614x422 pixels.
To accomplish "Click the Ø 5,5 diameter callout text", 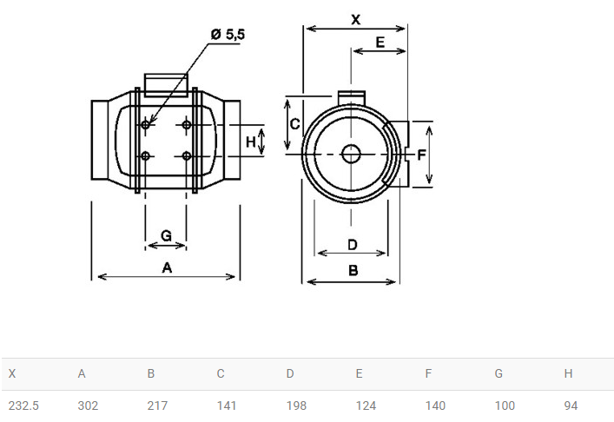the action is [x=228, y=35].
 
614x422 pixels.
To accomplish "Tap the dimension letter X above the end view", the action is [x=355, y=19].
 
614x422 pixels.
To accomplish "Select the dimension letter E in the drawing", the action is [x=380, y=43].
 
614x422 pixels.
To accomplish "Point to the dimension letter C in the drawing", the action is [x=295, y=124].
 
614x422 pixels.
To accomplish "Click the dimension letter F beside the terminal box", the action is [x=421, y=155].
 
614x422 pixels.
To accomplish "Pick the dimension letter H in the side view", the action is [x=251, y=142].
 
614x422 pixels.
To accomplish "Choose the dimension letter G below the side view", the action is [x=166, y=235].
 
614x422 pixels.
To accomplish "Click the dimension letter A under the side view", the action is [x=167, y=267].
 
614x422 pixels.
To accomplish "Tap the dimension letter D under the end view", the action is [x=353, y=245].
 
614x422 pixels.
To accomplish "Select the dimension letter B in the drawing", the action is [x=353, y=270].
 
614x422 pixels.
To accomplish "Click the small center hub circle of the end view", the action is [x=351, y=154].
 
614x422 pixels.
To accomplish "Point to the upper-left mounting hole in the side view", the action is [x=145, y=125].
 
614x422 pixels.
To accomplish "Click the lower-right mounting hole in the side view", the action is [x=187, y=156].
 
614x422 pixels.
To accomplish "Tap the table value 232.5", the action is [x=23, y=406].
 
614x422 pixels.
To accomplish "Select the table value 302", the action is [x=88, y=406].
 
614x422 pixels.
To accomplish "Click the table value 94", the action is [x=571, y=406].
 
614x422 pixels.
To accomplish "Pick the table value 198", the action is [x=296, y=406].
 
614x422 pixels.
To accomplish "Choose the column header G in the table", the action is [x=498, y=373].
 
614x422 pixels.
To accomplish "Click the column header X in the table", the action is [x=12, y=373].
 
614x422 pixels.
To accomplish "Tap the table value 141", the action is [x=227, y=406].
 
